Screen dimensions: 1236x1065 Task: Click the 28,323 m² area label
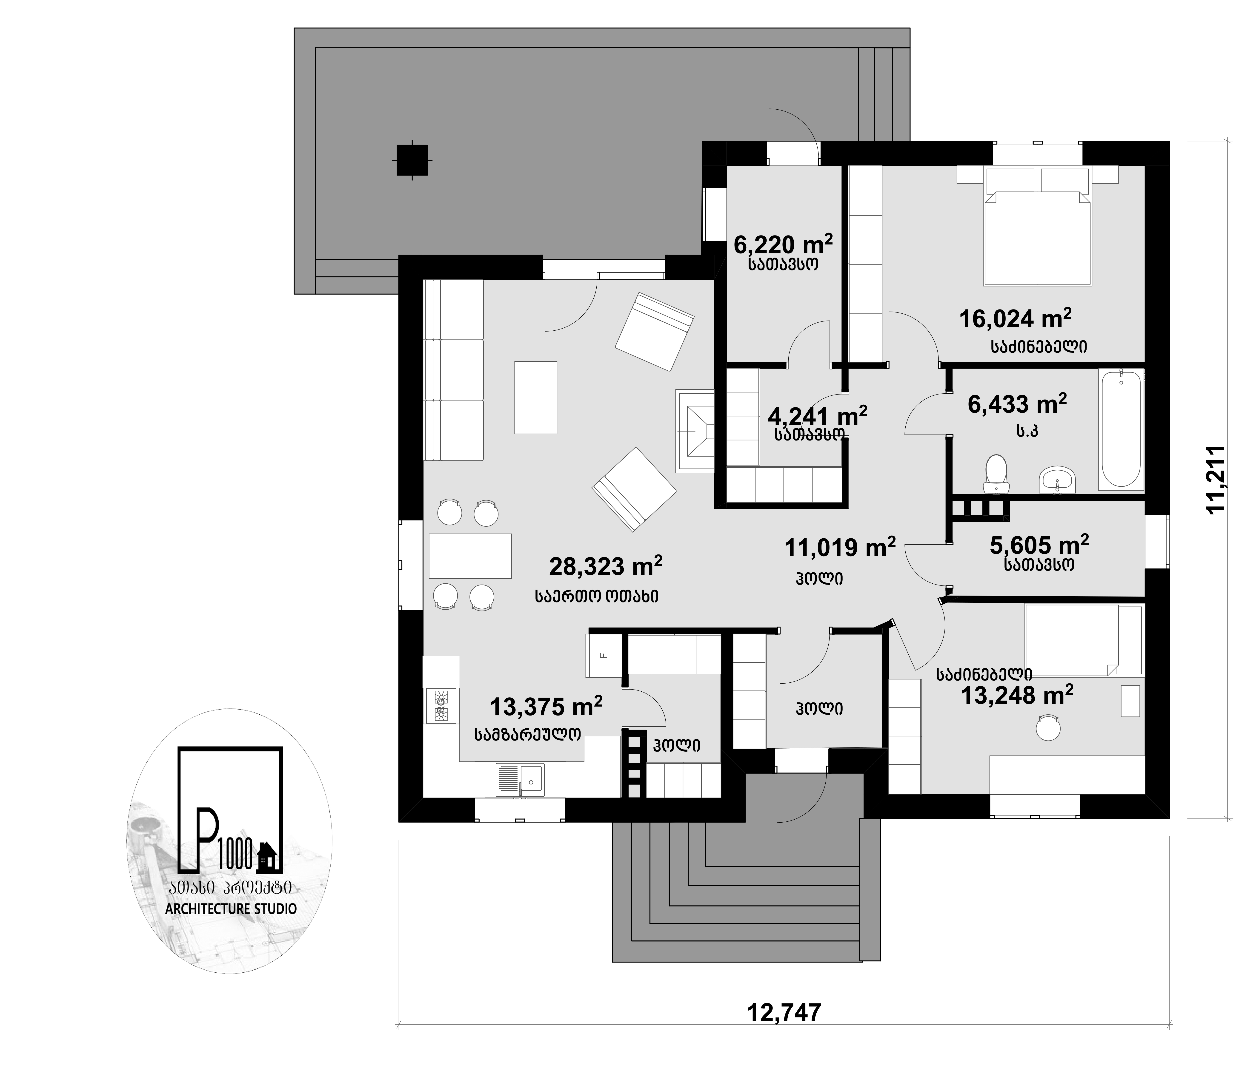[x=606, y=566]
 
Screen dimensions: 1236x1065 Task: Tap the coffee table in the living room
[x=536, y=397]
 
